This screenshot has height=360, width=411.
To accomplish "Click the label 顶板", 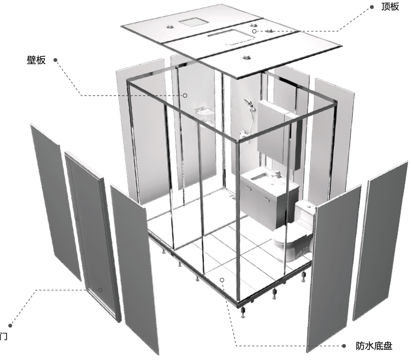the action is (390, 7).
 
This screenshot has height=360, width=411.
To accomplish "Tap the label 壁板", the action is (36, 60).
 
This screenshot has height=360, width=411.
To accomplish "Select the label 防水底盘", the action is (374, 346).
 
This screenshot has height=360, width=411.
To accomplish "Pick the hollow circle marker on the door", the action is (100, 290).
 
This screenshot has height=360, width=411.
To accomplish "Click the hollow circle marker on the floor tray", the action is (222, 280).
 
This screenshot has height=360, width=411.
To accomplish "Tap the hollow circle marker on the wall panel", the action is (185, 96).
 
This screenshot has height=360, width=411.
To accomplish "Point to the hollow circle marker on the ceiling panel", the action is (254, 31).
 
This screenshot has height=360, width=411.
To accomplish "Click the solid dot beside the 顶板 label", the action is (372, 7).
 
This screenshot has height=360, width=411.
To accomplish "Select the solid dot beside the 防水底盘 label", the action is (344, 346).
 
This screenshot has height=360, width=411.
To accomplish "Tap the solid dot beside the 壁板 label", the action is (55, 60).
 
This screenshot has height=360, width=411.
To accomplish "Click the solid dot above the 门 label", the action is (10, 326).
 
